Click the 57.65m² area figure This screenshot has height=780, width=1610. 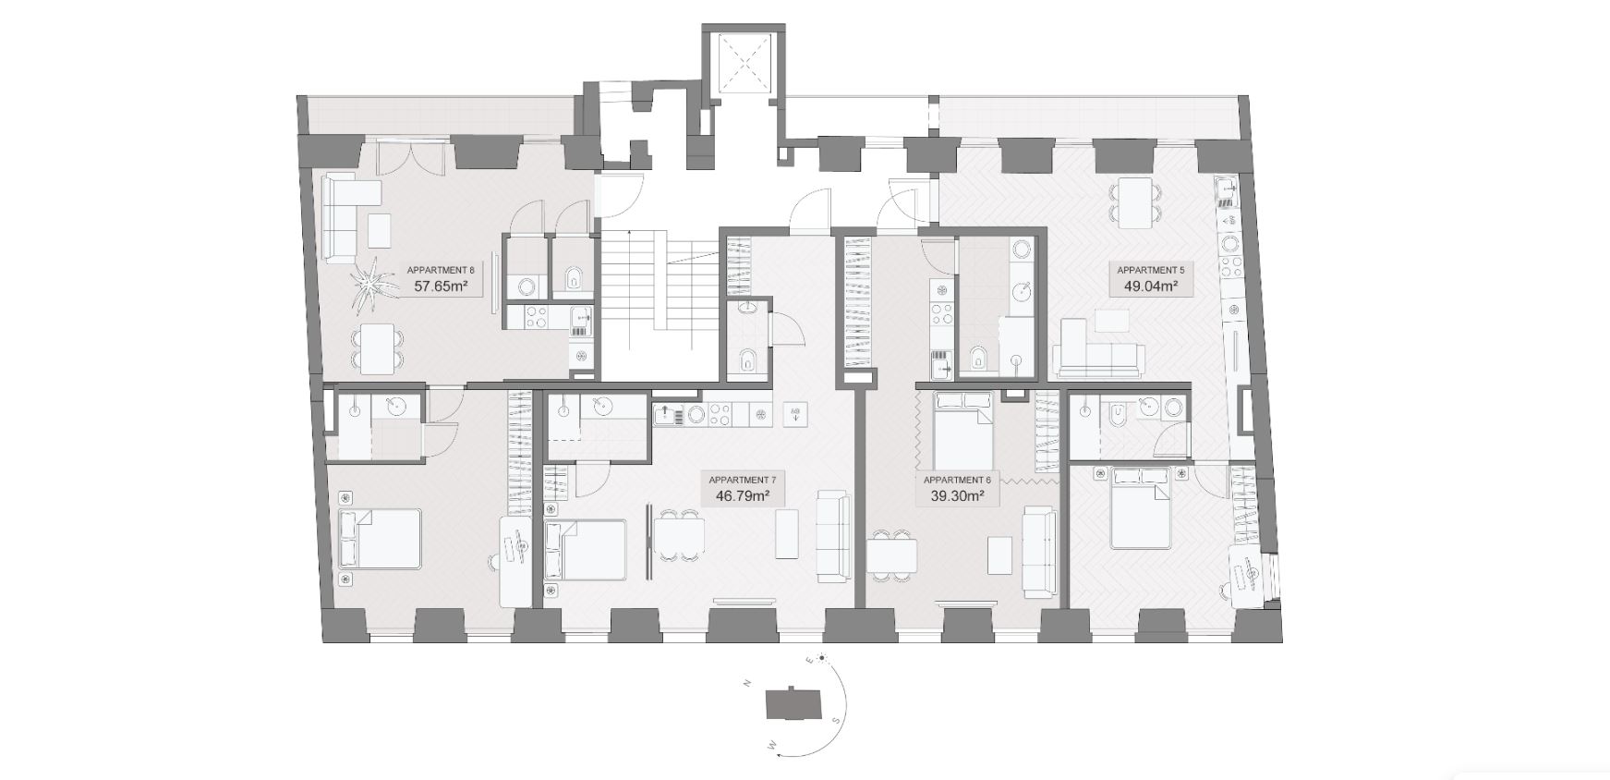point(440,286)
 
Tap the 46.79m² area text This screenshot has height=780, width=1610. point(743,496)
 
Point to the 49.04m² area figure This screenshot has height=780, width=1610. point(1150,286)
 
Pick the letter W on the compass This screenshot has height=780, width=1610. point(771,742)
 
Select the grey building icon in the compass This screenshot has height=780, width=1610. point(793,705)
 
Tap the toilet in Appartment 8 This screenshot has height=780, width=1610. point(574,275)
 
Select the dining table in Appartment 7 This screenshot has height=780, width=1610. point(679,535)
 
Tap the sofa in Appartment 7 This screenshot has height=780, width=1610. point(832,536)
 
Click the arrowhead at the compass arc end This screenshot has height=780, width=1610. point(781,754)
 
